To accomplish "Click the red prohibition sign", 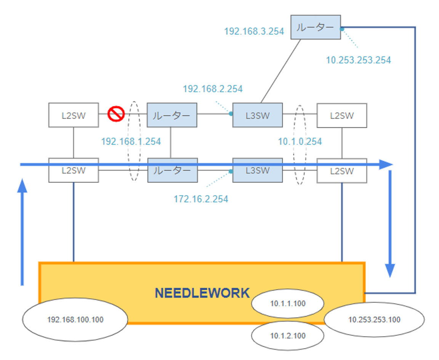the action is point(116,114).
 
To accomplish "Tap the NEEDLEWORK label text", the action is point(202,293).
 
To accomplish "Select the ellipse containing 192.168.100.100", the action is point(75,319).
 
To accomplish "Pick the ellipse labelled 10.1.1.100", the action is point(288,304).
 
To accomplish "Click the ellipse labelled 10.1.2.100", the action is point(288,336).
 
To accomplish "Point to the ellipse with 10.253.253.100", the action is point(374,319).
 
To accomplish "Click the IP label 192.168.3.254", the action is point(254,31).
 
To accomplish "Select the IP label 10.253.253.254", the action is point(358,60).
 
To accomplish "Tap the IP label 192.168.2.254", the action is point(213,89).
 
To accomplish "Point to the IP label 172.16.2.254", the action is point(201,199).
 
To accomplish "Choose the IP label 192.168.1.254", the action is point(131,141).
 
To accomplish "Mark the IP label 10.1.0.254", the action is point(300,141).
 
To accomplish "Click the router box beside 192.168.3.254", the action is point(316,27).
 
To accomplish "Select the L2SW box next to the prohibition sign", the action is point(74,115).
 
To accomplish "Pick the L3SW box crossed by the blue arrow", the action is point(258,170).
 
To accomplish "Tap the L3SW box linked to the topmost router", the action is point(258,115).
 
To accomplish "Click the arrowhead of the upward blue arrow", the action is point(22,185).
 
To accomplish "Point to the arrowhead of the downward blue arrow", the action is point(390,271).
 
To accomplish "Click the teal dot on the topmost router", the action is point(342,29).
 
